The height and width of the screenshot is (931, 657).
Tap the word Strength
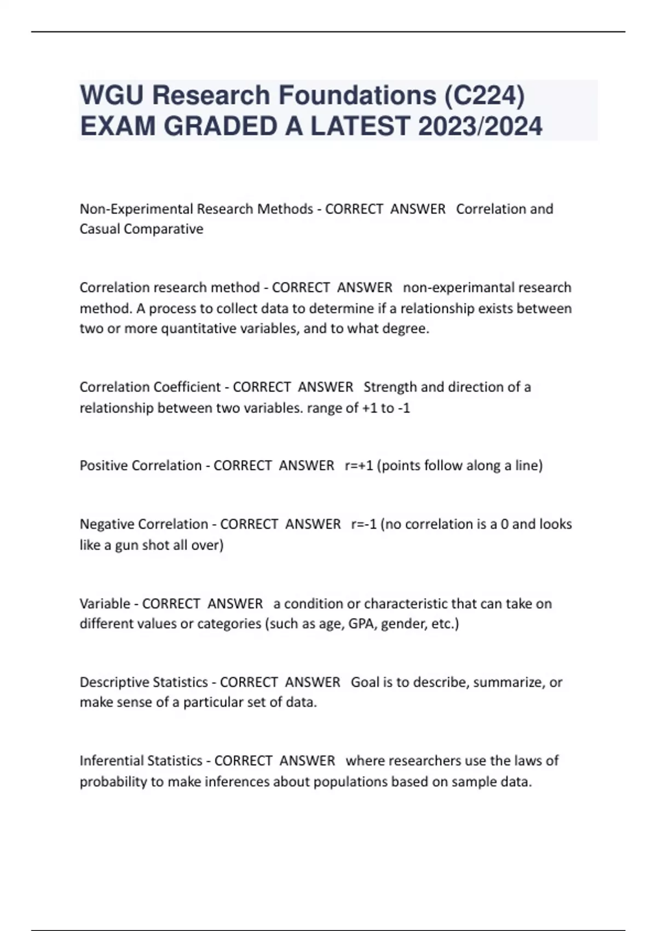coord(390,387)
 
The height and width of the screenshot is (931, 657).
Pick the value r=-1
coord(364,524)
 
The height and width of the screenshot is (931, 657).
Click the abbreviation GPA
coord(361,624)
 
